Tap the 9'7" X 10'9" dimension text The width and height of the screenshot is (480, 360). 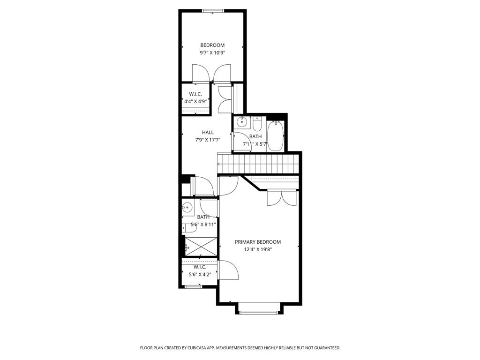212,53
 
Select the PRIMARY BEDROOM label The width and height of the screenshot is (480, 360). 258,242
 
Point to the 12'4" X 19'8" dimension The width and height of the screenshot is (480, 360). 258,249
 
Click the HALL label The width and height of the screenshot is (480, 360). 208,133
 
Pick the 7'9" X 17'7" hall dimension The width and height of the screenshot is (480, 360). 208,140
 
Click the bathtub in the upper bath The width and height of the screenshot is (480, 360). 276,136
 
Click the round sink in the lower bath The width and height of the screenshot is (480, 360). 187,207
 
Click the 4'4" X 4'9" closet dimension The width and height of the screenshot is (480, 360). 195,101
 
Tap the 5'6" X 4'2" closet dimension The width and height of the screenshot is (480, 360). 200,274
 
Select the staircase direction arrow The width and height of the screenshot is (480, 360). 219,164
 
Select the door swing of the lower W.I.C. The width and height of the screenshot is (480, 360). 228,270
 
